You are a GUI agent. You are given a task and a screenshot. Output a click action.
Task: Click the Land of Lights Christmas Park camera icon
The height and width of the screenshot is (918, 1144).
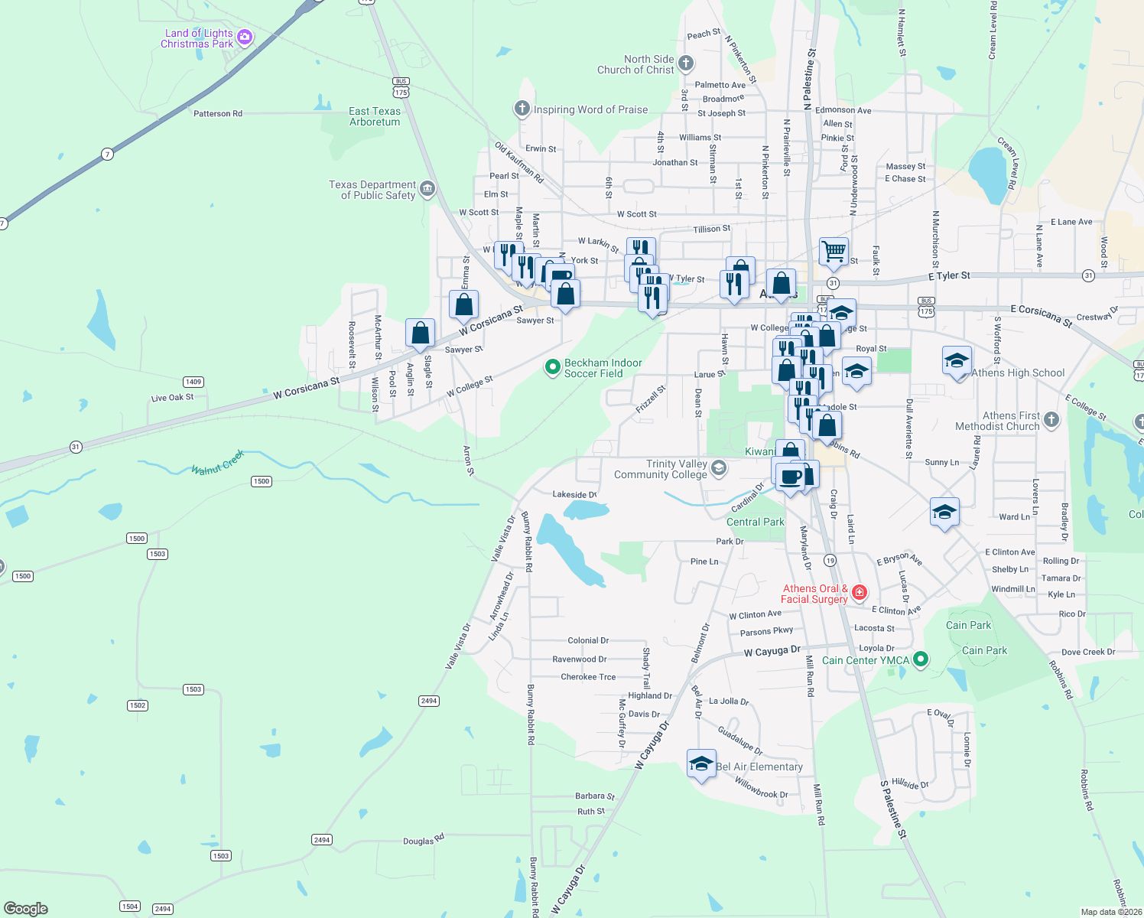pos(245,37)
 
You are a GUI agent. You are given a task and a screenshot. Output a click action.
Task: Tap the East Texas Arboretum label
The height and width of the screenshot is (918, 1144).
pos(375,116)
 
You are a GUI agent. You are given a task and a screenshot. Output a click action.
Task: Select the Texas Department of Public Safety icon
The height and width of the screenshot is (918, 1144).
pos(427,188)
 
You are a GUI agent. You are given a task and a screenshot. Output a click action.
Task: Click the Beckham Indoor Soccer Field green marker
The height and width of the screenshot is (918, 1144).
pos(552,368)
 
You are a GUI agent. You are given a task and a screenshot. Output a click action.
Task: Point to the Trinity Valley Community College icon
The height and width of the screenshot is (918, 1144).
pos(718,468)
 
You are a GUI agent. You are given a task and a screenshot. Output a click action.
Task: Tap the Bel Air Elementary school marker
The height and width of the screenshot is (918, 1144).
pos(701,763)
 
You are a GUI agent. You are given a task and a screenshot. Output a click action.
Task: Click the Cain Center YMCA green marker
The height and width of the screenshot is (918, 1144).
pos(921,659)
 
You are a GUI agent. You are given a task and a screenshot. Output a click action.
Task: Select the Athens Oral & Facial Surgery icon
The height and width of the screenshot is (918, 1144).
pos(859,592)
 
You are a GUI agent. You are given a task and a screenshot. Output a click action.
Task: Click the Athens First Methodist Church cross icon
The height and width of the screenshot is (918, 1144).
pos(1051,419)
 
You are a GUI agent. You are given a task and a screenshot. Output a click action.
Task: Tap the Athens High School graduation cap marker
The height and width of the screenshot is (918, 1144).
pos(957,360)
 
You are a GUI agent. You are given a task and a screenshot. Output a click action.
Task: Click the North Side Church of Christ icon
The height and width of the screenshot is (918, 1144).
pos(686,63)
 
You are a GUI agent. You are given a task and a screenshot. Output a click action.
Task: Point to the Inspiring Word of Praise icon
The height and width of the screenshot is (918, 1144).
pos(522,109)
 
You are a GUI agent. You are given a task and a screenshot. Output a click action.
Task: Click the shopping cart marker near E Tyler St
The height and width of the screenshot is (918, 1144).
pos(834,250)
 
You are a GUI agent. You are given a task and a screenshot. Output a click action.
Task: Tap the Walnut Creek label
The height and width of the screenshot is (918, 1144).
pos(218,463)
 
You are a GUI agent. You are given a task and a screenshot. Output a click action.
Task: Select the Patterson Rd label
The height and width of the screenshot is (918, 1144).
pos(218,114)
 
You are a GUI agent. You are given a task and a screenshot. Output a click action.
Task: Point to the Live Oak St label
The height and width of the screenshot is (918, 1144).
pos(173,398)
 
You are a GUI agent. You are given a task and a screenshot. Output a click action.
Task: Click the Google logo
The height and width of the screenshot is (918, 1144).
pos(25,909)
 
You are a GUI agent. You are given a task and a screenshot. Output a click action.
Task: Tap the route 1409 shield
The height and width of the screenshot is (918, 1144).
pos(193,382)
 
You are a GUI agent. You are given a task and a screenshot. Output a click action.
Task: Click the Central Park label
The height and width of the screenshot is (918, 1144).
pos(756,522)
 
